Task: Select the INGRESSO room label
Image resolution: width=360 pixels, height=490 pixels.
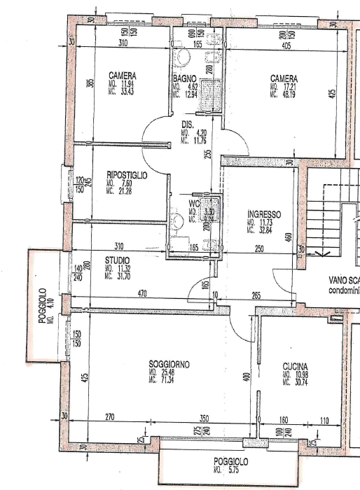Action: [x=264, y=214]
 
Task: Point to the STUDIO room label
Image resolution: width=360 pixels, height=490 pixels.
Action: [x=118, y=260]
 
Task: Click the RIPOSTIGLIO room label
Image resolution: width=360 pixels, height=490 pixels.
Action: [x=127, y=175]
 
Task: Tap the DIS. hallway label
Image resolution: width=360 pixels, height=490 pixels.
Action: [x=187, y=124]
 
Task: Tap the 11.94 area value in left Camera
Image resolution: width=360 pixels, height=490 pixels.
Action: [x=126, y=83]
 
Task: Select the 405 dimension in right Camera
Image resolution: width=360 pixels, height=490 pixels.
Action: [x=284, y=44]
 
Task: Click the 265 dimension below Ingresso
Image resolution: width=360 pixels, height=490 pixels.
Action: [x=256, y=295]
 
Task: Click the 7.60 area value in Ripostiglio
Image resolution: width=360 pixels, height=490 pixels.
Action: [x=126, y=183]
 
